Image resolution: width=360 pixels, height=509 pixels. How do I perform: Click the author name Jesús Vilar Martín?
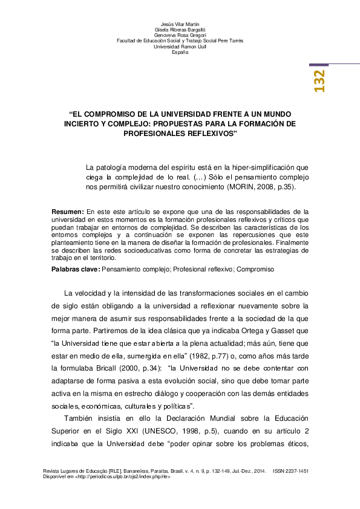tap(180, 23)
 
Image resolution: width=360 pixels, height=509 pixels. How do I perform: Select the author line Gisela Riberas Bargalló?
tap(180, 29)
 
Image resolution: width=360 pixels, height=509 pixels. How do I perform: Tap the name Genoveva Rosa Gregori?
tap(180, 35)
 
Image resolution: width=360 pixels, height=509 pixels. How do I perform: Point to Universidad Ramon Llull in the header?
tap(180, 47)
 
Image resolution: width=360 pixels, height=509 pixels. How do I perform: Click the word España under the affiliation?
tap(180, 53)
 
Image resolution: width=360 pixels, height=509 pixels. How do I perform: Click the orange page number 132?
tap(319, 81)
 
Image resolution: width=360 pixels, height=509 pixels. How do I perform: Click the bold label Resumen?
tap(68, 212)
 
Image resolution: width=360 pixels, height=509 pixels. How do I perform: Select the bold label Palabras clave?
tap(76, 268)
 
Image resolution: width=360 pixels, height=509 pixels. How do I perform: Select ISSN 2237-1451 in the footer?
tap(291, 470)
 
